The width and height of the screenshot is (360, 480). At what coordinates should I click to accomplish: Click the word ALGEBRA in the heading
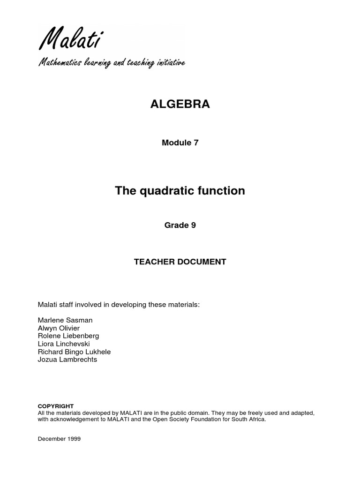pyautogui.click(x=180, y=105)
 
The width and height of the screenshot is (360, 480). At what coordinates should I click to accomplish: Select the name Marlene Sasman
pyautogui.click(x=65, y=320)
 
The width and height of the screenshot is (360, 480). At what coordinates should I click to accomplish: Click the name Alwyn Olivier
pyautogui.click(x=59, y=328)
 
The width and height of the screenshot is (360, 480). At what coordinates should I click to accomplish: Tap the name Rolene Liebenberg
pyautogui.click(x=68, y=336)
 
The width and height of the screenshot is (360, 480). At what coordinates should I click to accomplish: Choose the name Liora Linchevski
pyautogui.click(x=64, y=344)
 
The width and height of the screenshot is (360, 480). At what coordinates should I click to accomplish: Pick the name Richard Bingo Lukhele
pyautogui.click(x=74, y=352)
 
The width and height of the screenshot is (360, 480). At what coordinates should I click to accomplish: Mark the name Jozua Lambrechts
pyautogui.click(x=67, y=360)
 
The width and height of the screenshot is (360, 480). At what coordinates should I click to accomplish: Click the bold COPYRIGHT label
pyautogui.click(x=56, y=406)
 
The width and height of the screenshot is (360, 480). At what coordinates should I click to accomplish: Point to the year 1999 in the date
pyautogui.click(x=74, y=439)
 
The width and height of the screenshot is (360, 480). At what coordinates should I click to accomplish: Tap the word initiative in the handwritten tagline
pyautogui.click(x=171, y=63)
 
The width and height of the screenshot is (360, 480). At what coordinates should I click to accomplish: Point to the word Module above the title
pyautogui.click(x=175, y=143)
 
